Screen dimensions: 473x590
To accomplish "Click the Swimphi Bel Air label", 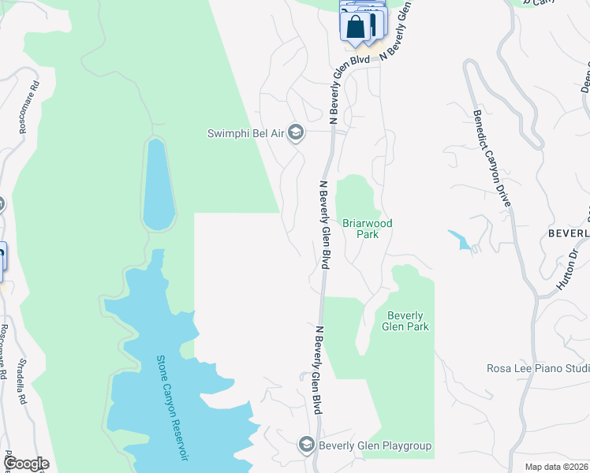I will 245,132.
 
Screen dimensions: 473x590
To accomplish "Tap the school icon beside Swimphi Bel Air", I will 296,132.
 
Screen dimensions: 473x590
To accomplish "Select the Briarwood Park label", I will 367,229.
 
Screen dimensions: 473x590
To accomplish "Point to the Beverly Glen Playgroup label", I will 375,445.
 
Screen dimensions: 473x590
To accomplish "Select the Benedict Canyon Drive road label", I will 493,158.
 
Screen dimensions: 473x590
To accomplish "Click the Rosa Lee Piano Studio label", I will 537,368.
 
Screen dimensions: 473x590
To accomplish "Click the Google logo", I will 25,464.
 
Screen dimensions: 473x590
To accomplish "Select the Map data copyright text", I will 556,467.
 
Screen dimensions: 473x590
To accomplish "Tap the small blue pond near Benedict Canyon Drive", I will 461,240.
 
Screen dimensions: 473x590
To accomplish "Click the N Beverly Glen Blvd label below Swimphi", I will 324,224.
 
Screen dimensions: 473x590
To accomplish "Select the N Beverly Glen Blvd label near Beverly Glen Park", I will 317,371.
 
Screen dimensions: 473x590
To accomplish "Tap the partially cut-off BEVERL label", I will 569,234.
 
